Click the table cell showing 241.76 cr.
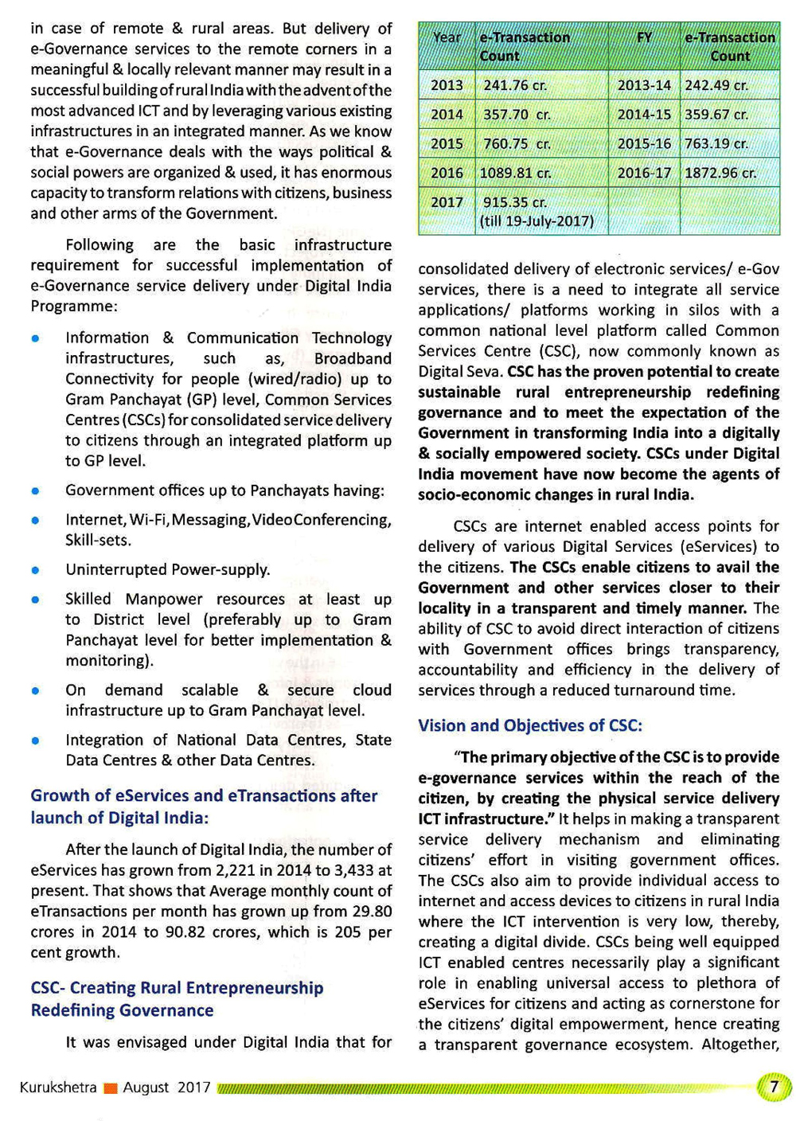tap(515, 85)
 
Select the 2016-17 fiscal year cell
tap(644, 173)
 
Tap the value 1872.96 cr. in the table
tap(720, 173)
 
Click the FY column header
tap(644, 37)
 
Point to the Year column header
tap(447, 37)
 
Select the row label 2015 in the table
tap(447, 144)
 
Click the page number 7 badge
tap(773, 1087)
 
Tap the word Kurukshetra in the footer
tap(58, 1088)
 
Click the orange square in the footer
tap(111, 1088)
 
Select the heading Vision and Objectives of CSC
tap(530, 725)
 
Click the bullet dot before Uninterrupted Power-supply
tap(35, 570)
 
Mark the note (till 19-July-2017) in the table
tap(537, 221)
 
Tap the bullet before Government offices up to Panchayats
tap(35, 491)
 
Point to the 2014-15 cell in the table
tap(644, 115)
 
